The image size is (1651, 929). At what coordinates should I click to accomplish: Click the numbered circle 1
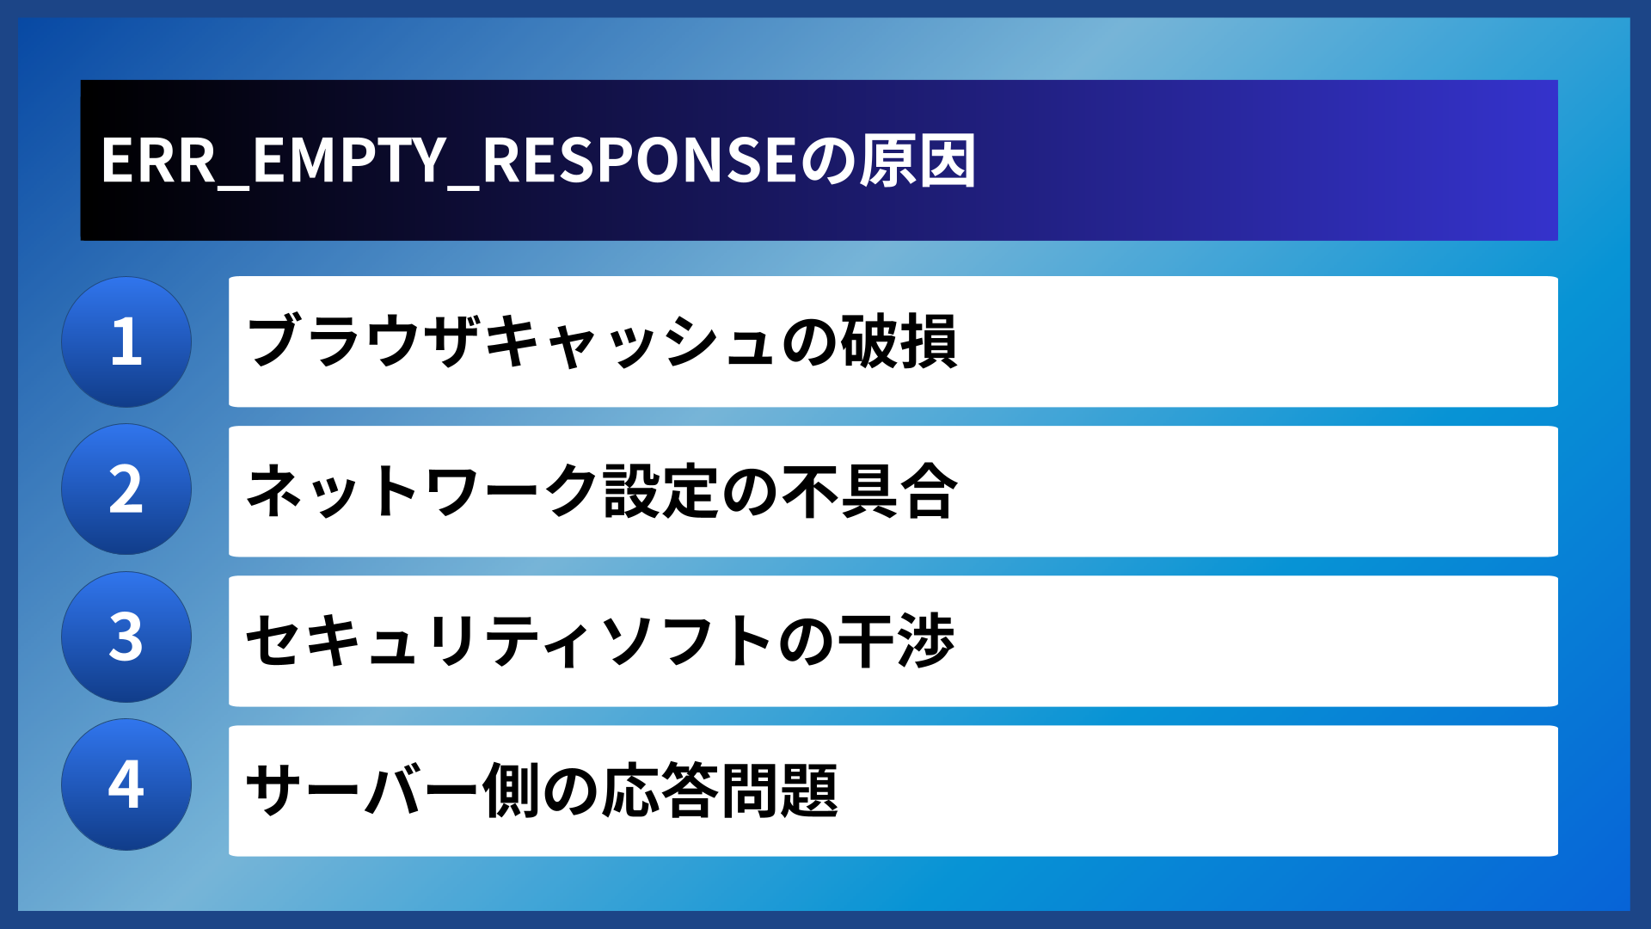pos(126,341)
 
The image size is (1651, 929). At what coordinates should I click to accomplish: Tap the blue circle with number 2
pos(126,489)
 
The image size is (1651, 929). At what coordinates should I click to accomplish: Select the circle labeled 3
pos(126,637)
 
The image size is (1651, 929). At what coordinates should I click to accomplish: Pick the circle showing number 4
pos(126,784)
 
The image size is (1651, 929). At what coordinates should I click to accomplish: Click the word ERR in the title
pos(158,161)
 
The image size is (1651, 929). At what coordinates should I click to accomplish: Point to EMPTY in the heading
pos(349,161)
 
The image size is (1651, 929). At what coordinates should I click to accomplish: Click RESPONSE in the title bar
pos(640,161)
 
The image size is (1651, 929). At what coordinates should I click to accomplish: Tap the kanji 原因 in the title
pos(918,161)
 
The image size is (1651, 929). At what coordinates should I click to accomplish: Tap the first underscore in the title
pos(233,183)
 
